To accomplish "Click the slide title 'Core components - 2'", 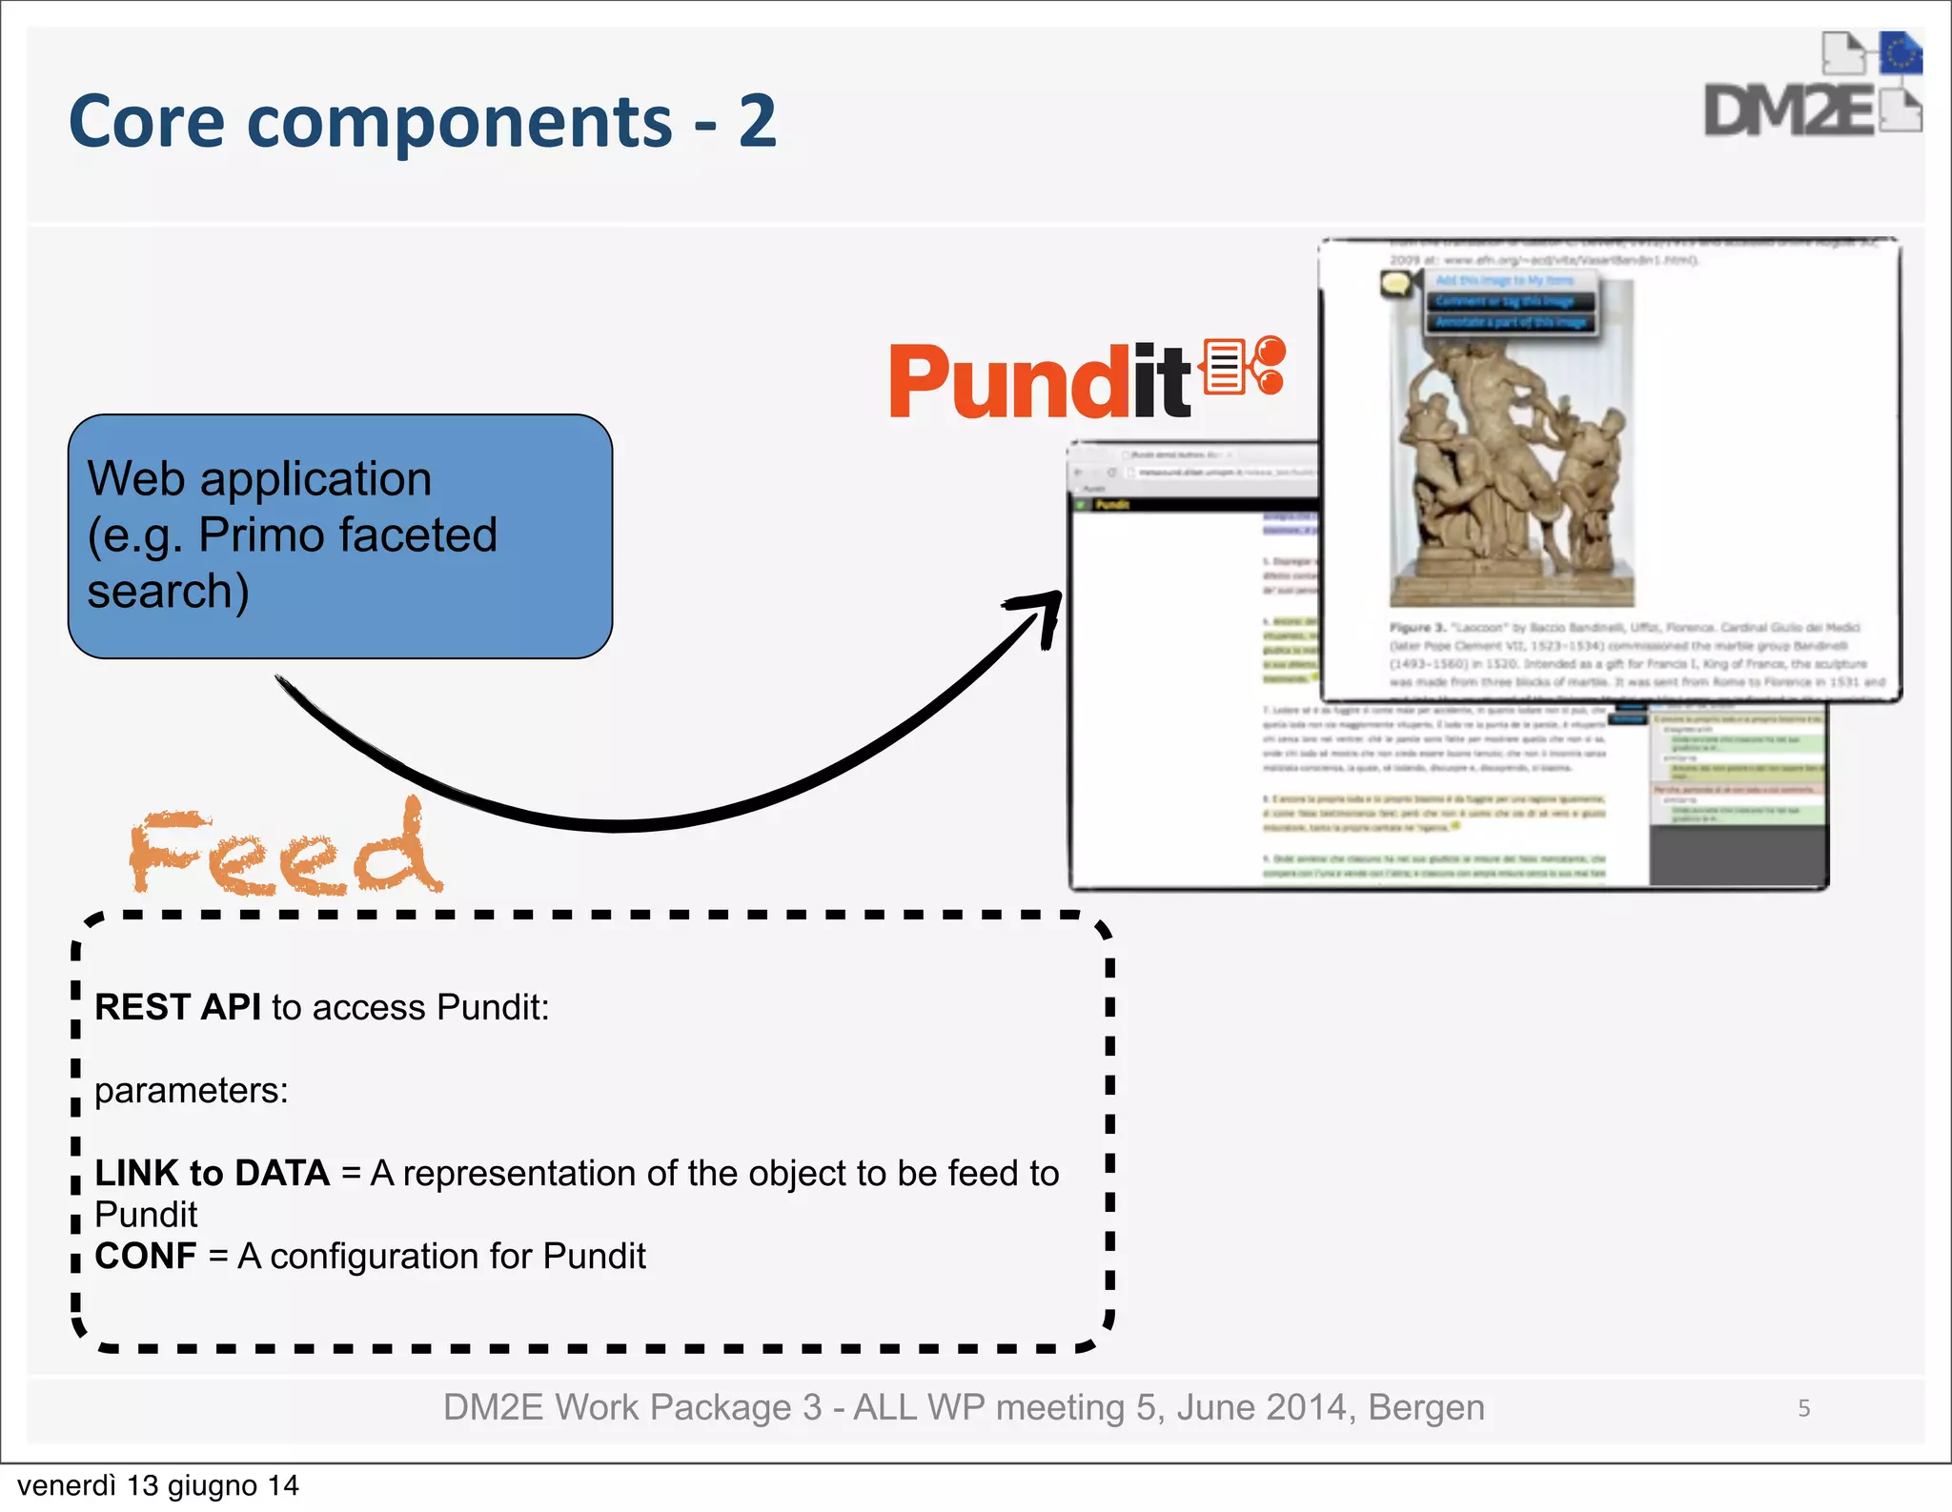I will pyautogui.click(x=422, y=122).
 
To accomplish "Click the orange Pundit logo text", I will pyautogui.click(x=1039, y=383).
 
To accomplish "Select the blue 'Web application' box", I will pyautogui.click(x=339, y=535).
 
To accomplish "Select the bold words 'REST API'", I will pyautogui.click(x=177, y=1007).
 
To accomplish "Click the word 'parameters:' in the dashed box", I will pyautogui.click(x=191, y=1090).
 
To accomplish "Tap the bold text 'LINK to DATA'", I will pyautogui.click(x=212, y=1173).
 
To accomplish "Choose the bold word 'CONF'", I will pyautogui.click(x=145, y=1256).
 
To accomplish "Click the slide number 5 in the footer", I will pyautogui.click(x=1803, y=1408).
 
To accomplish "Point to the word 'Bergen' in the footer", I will pyautogui.click(x=1426, y=1407).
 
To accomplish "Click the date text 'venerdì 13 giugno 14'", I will pyautogui.click(x=158, y=1485).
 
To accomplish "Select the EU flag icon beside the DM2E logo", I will pyautogui.click(x=1901, y=53).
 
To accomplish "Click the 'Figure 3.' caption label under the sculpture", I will pyautogui.click(x=1417, y=628).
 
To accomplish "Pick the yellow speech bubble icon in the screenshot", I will pyautogui.click(x=1396, y=283).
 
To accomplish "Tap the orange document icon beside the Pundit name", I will pyautogui.click(x=1225, y=367).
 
